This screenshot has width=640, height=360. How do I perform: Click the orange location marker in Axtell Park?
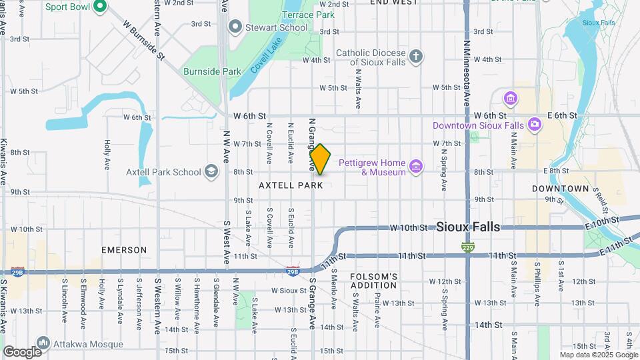click(x=320, y=159)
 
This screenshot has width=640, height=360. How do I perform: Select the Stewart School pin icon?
click(x=235, y=27)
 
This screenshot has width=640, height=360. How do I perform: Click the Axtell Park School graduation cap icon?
click(x=211, y=172)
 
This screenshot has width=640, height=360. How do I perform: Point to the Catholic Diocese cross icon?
click(x=416, y=56)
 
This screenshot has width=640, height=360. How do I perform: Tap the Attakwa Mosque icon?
click(x=43, y=343)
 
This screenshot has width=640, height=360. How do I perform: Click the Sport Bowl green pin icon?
click(x=100, y=7)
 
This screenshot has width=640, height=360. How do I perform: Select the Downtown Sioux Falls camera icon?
click(x=534, y=124)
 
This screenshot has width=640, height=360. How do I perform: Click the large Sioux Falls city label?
click(x=468, y=227)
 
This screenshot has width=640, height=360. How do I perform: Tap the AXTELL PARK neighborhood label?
click(x=291, y=185)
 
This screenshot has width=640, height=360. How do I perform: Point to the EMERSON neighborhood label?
click(x=124, y=250)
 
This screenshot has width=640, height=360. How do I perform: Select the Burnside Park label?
click(x=212, y=71)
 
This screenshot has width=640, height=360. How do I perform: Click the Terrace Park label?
click(x=308, y=14)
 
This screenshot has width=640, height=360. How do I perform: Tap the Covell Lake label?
click(x=267, y=55)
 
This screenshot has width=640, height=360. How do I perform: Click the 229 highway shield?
click(x=467, y=248)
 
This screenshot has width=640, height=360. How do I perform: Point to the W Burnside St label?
click(x=143, y=40)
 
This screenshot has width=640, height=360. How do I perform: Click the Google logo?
click(x=22, y=351)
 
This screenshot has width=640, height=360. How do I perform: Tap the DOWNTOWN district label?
click(x=561, y=189)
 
